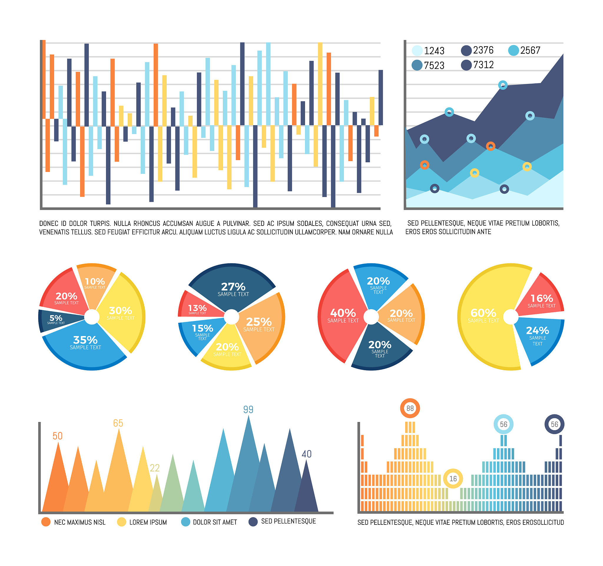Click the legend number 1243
[x=434, y=51]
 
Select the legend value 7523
[x=434, y=65]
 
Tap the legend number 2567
[x=530, y=50]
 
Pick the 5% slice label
[x=56, y=319]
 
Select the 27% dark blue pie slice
[x=233, y=289]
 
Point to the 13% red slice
[x=197, y=309]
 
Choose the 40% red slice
[x=343, y=315]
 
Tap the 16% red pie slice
[x=541, y=300]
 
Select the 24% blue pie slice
[x=537, y=335]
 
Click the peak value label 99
[x=248, y=410]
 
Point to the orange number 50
[x=58, y=436]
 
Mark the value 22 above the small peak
[x=155, y=468]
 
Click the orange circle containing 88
[x=410, y=408]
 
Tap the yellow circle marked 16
[x=453, y=479]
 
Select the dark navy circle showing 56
[x=554, y=424]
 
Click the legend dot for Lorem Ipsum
[x=122, y=522]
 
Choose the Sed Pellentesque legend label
[x=289, y=521]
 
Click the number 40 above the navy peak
[x=306, y=454]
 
